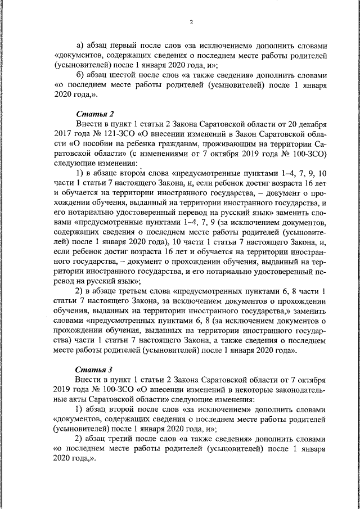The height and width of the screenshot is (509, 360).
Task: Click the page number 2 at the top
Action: [191, 22]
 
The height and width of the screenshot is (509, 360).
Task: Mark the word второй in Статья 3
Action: [129, 409]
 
